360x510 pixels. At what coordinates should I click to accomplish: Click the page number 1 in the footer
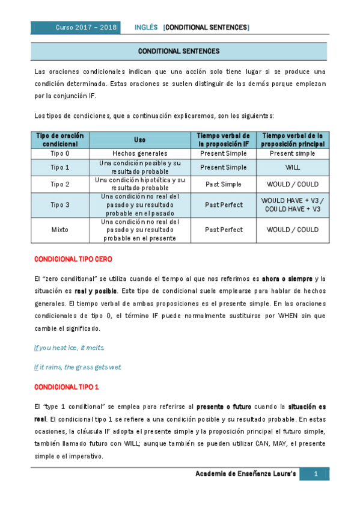point(316,475)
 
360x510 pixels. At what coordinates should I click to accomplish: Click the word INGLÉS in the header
point(146,28)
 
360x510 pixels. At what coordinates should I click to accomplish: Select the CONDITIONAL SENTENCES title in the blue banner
point(178,52)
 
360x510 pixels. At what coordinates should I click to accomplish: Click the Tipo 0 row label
point(59,154)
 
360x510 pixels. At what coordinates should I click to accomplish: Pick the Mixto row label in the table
point(59,230)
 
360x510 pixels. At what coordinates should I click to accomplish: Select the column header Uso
point(139,140)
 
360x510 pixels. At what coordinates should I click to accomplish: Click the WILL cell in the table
point(293,167)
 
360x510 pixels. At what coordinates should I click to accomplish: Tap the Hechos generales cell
point(139,154)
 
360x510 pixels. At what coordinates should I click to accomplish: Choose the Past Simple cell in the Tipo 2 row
point(224,184)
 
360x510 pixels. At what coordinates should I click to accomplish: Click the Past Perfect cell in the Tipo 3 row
point(224,205)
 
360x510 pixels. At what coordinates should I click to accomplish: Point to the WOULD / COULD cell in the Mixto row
point(293,230)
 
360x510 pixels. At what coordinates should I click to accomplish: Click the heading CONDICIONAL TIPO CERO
point(72,259)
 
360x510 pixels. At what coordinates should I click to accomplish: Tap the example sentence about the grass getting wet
point(77,367)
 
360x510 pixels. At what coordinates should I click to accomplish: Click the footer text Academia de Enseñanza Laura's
point(246,475)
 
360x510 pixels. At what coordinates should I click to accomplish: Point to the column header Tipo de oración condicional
point(59,140)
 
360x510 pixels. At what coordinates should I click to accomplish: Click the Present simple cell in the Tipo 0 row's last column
point(293,154)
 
